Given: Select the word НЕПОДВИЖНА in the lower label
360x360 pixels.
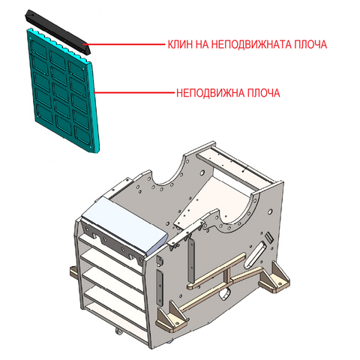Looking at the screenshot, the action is [x=210, y=93].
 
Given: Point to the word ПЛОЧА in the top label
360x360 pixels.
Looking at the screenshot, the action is [x=310, y=44].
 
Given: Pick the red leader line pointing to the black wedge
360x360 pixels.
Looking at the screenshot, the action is [x=126, y=44].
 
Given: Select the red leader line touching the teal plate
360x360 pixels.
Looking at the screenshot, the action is [x=134, y=93].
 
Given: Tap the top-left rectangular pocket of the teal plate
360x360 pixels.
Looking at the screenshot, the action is [x=39, y=49].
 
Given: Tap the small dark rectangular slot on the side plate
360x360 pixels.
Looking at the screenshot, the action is [x=269, y=238].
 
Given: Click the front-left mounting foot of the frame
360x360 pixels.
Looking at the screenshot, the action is [x=172, y=317].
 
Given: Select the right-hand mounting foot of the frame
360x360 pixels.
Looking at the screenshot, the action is [x=274, y=277].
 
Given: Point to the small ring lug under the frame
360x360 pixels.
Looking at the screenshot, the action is [x=119, y=331].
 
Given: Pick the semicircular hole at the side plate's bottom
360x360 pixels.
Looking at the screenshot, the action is [x=226, y=293].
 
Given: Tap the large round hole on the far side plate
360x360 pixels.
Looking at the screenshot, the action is [x=202, y=172].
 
